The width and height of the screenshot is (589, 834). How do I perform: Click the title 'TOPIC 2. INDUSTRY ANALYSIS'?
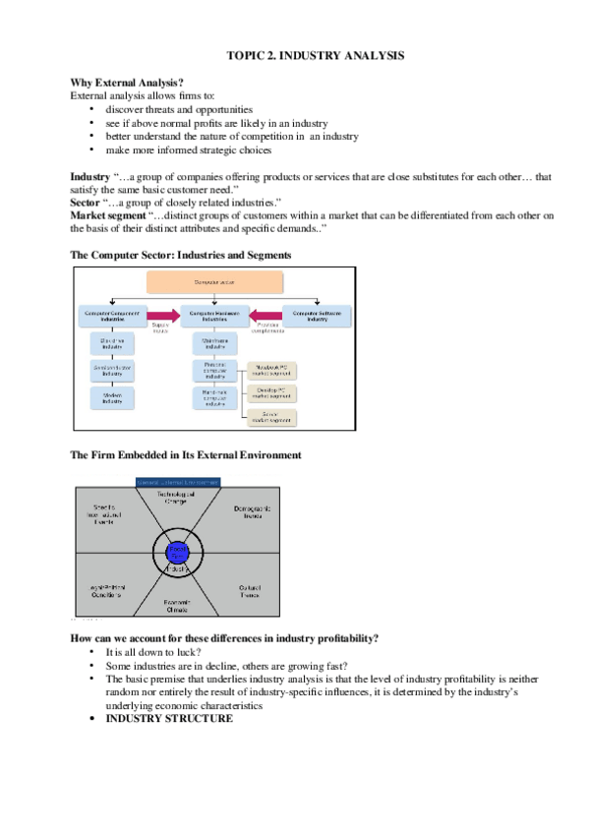coord(309,58)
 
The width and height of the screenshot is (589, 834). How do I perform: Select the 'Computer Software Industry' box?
coord(317,316)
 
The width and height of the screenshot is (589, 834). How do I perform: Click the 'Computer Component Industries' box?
coord(111,316)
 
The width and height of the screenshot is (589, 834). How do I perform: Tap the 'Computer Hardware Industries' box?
coord(213,316)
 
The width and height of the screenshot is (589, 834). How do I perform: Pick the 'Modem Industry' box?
coord(111,396)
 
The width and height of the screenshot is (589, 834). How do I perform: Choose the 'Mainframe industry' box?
coord(213,343)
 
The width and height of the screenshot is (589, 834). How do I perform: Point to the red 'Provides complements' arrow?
coord(265,316)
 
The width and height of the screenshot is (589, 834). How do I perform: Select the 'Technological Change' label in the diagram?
coord(178,498)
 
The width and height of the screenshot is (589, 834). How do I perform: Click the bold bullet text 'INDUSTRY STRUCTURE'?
coord(169,719)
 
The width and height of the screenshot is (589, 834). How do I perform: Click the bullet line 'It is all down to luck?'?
coord(153,652)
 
